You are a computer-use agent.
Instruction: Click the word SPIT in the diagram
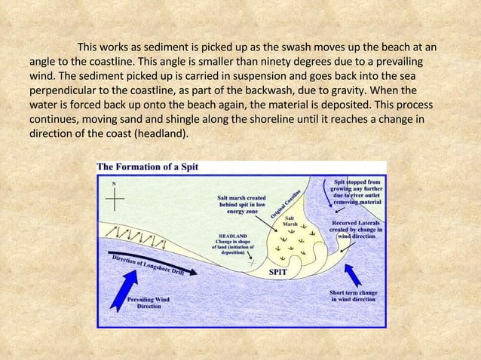coord(278,273)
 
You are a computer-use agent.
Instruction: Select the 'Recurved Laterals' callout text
coord(357,229)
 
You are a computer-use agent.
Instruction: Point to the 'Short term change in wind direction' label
coord(354,295)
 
